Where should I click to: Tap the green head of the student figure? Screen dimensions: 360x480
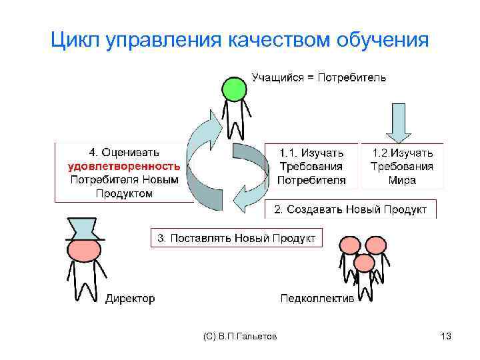235,89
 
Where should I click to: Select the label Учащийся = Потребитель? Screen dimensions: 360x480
318,78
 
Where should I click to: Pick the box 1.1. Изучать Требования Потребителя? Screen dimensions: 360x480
311,167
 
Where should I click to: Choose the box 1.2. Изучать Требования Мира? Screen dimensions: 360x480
402,167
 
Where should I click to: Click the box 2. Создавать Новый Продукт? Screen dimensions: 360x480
351,209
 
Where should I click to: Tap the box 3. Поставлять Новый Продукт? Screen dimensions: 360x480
236,237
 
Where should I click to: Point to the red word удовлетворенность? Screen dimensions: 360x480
124,166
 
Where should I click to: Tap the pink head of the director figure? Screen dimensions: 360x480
85,250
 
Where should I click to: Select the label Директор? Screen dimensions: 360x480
130,298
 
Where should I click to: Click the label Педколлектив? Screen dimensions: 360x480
317,298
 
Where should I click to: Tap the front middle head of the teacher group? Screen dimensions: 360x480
364,263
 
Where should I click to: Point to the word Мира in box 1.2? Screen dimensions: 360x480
402,180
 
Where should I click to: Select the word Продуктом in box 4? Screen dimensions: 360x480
124,193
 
